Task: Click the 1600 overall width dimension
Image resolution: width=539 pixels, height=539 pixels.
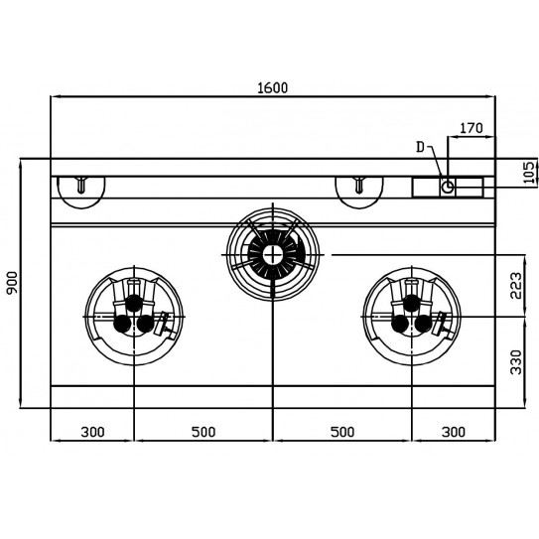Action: click(273, 88)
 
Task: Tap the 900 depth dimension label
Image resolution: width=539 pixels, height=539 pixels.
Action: click(12, 283)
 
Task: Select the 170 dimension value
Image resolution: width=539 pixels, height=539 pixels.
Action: click(472, 128)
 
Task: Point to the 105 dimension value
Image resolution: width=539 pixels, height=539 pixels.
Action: click(529, 172)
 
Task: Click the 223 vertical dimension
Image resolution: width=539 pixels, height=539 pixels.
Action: click(516, 286)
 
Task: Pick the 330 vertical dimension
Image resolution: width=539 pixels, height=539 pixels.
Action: click(516, 362)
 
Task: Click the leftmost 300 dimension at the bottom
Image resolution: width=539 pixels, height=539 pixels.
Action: click(92, 432)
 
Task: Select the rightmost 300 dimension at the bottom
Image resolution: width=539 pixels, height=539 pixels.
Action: click(454, 432)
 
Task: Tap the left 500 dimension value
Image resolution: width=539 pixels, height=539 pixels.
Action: click(203, 432)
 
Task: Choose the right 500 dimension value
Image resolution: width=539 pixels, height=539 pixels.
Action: click(342, 432)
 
